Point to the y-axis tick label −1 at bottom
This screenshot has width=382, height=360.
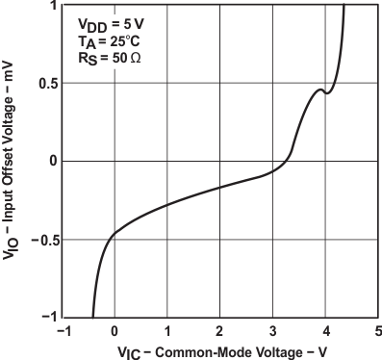[47, 316]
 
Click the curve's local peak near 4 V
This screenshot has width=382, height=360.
[320, 90]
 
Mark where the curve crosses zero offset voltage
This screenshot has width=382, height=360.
[290, 161]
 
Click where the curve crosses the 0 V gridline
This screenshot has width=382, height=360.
[115, 232]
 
